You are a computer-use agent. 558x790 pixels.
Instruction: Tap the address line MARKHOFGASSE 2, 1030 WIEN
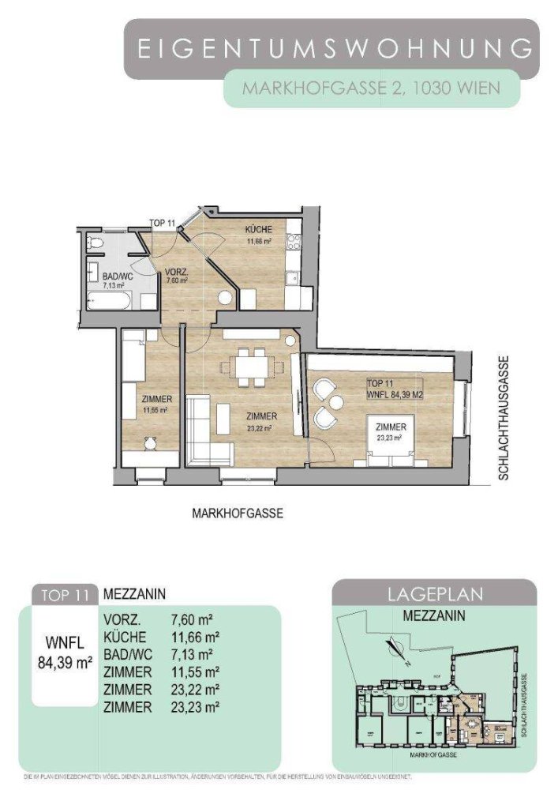(371, 88)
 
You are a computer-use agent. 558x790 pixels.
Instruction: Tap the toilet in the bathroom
(95, 243)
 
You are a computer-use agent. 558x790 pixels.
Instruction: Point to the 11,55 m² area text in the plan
(151, 411)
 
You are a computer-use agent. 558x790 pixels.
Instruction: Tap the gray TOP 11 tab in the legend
(65, 594)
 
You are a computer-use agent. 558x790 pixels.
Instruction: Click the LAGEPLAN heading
(433, 594)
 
